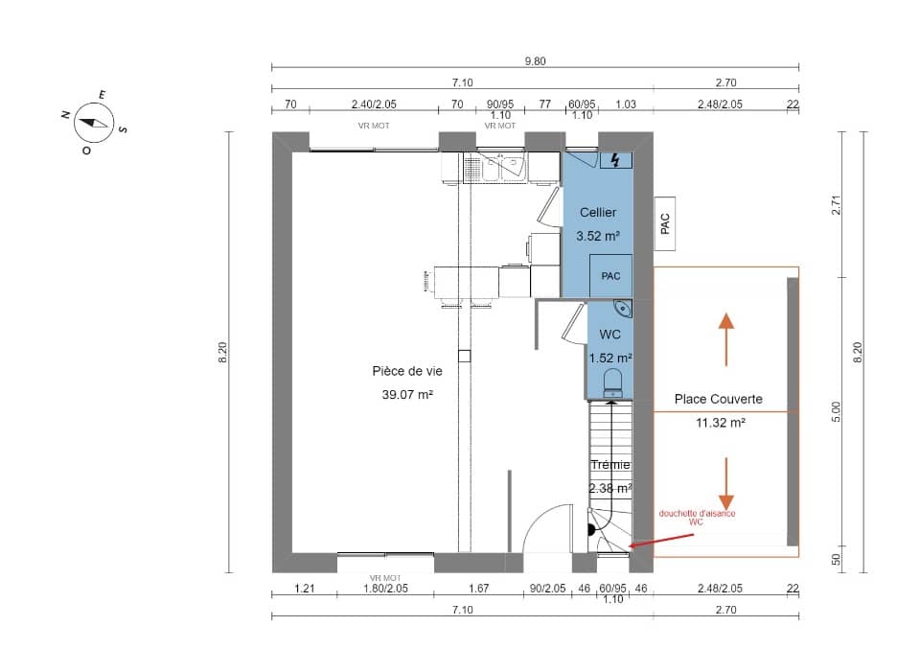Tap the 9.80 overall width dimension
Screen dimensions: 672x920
(535, 60)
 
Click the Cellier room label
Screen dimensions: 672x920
(597, 213)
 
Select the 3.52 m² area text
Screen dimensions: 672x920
(597, 235)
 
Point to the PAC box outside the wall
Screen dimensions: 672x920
(666, 223)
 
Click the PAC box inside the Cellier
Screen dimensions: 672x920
(610, 276)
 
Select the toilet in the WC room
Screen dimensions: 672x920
(613, 382)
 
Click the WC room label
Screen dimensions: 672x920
(609, 336)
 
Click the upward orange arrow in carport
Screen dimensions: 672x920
(726, 339)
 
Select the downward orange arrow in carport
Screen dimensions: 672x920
(726, 484)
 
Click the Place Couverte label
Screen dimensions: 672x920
(719, 399)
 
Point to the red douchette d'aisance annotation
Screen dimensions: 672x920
(697, 518)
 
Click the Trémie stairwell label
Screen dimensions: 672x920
(610, 465)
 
